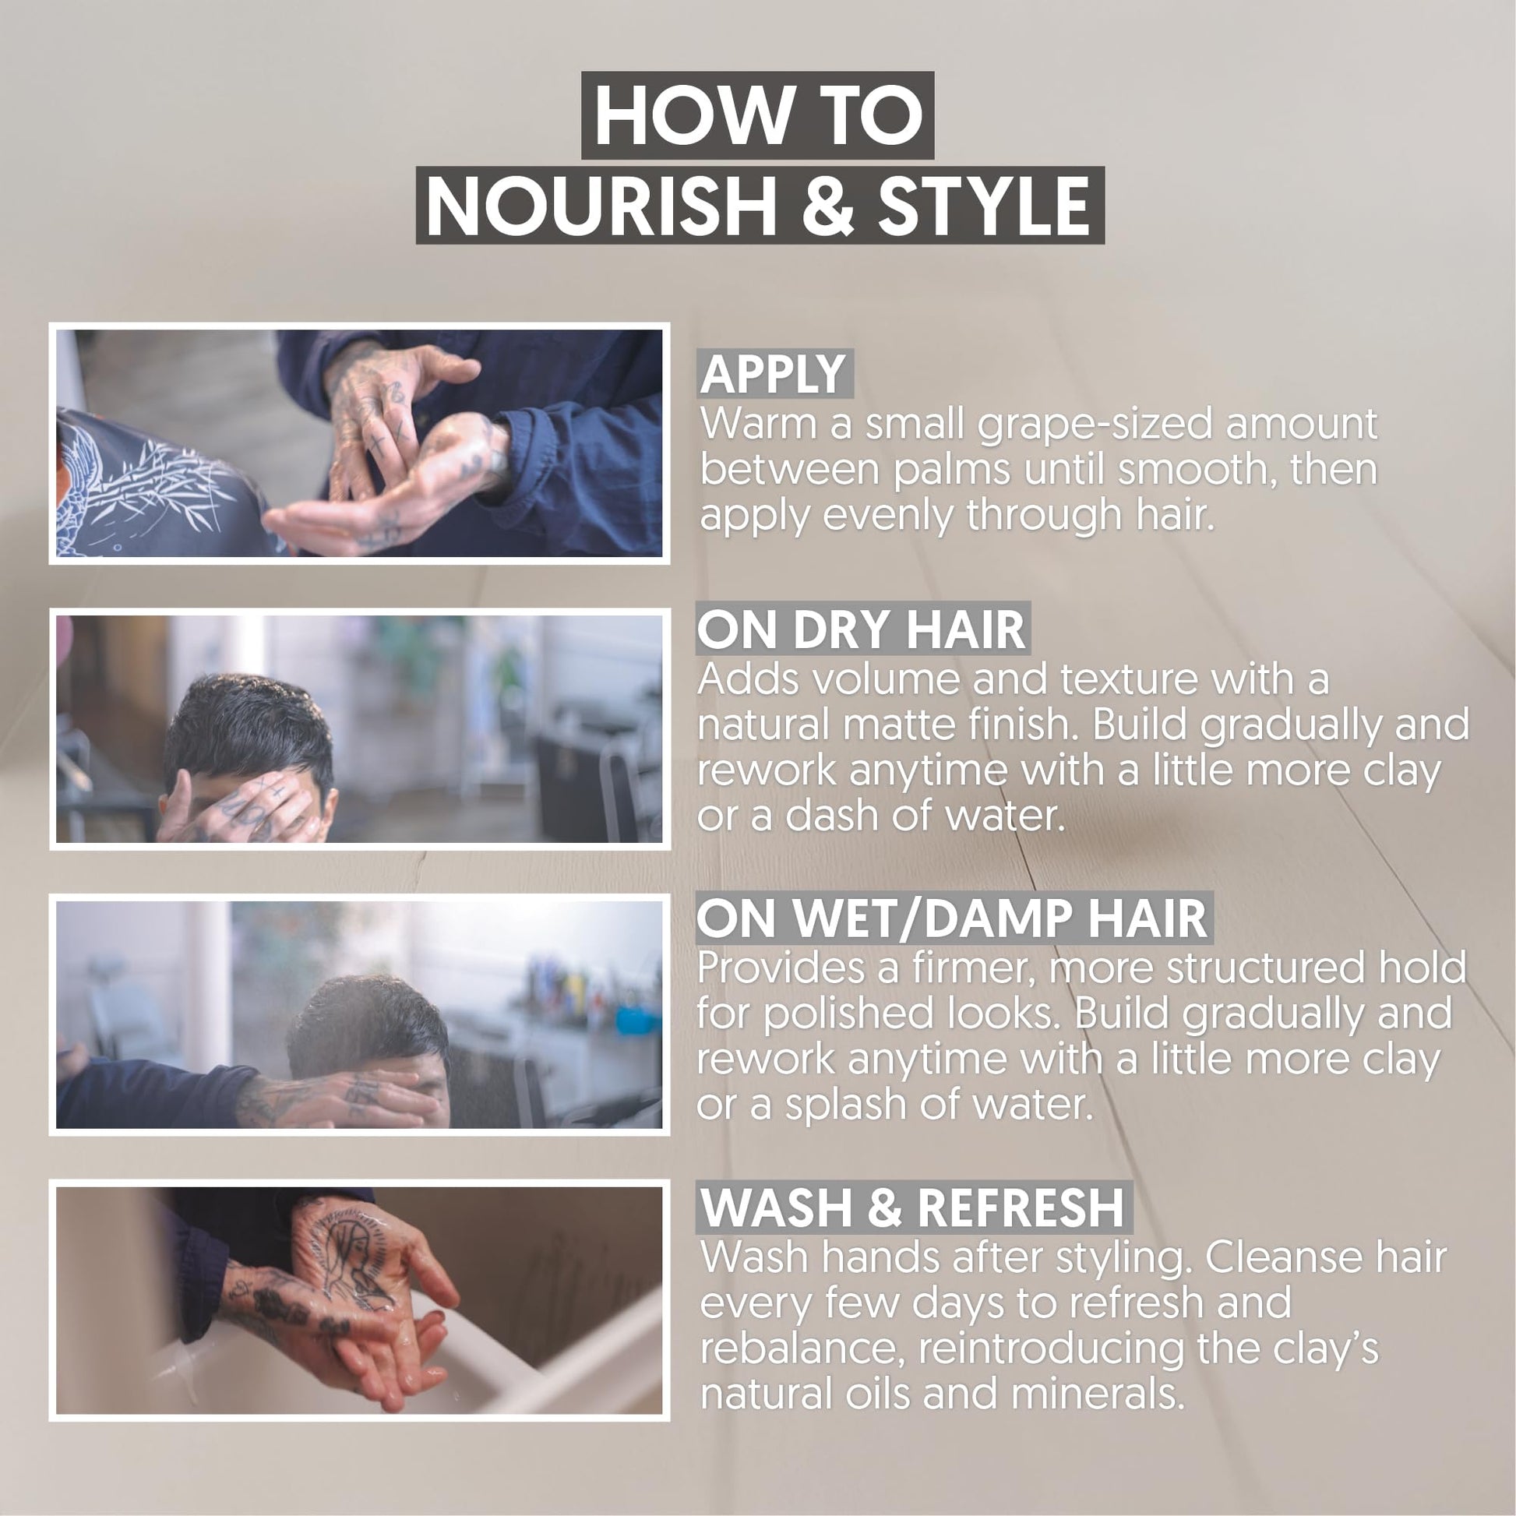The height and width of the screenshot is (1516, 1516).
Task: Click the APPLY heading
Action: point(774,374)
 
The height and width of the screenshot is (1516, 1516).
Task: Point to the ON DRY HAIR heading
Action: point(862,629)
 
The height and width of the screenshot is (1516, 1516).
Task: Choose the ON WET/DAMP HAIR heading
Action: point(953,918)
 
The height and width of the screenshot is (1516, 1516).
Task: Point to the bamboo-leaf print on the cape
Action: point(149,478)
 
